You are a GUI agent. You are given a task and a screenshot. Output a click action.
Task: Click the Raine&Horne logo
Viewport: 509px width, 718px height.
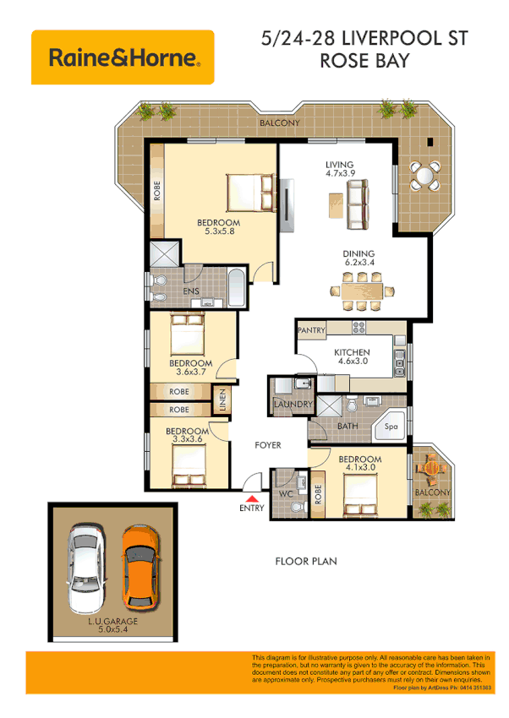click(123, 57)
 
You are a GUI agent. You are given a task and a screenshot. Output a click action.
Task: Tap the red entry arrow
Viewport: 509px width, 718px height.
click(250, 499)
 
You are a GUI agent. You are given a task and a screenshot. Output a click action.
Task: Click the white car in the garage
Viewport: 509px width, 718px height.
click(87, 569)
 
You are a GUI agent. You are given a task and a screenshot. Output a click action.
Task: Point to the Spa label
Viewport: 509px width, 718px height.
click(391, 428)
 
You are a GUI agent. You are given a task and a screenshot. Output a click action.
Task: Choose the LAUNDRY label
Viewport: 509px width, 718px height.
click(293, 405)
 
